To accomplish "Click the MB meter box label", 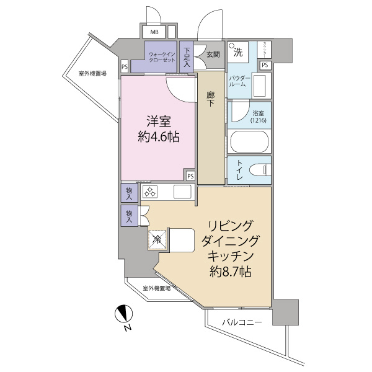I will pos(153,32).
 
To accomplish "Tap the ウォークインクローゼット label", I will pos(161,58).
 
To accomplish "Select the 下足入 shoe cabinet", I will pos(187,58).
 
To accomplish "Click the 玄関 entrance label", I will pos(213,53).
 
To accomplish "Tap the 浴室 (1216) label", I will pos(259,116).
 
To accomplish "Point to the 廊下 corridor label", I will pos(211,100).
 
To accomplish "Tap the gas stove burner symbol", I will pos(152,192).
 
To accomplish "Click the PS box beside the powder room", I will pos(264,64).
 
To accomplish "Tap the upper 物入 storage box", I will pos(130,193).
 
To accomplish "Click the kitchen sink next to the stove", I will pos(184,192).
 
